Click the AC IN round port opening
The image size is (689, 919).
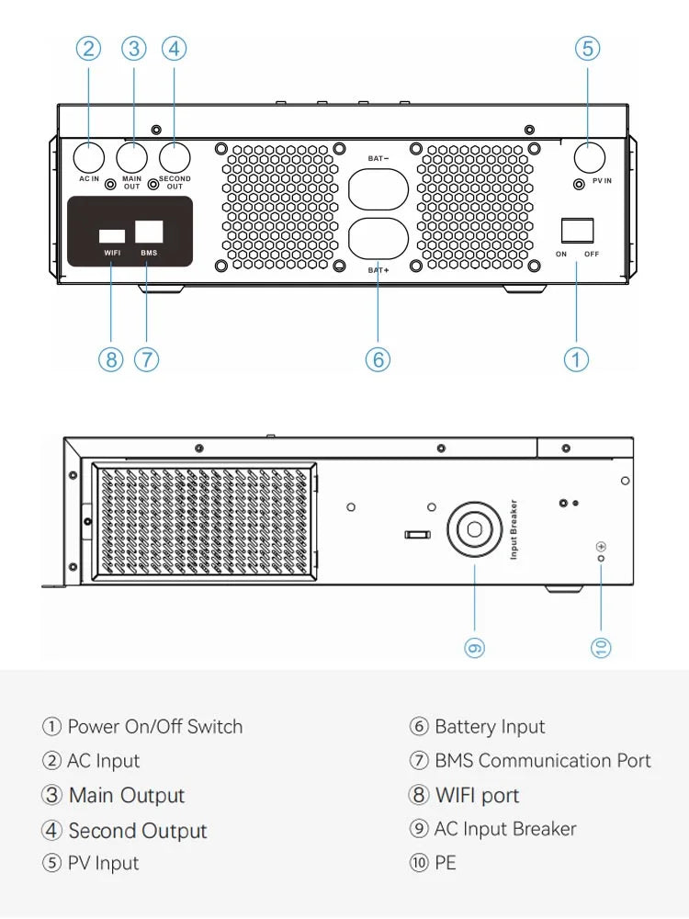tap(89, 157)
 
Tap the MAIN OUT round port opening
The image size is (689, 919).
tap(131, 157)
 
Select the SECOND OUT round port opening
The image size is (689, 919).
tap(175, 157)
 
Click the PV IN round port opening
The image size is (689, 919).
tap(590, 157)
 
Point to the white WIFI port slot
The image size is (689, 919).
tap(112, 236)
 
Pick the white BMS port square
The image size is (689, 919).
tap(149, 232)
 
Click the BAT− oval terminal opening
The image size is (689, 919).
tap(378, 189)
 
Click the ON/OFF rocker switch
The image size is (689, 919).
tap(577, 231)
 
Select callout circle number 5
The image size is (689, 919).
tap(588, 48)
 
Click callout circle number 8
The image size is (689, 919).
tap(111, 359)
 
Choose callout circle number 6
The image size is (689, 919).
tap(378, 359)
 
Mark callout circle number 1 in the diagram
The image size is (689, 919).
tap(576, 359)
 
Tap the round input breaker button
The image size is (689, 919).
tap(475, 529)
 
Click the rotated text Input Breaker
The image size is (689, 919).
tap(514, 529)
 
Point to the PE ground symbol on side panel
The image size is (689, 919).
tap(601, 546)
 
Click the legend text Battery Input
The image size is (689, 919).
tap(490, 727)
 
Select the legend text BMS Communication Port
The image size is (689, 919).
tap(543, 761)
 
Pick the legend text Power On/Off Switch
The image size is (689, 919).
tap(154, 727)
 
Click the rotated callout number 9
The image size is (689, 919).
tap(475, 648)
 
